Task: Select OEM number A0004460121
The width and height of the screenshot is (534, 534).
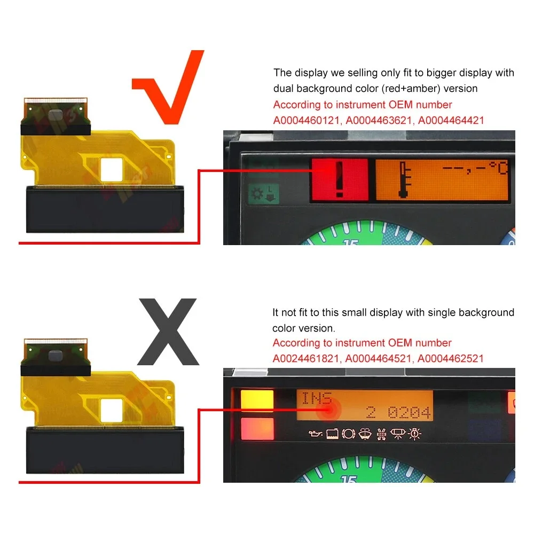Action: (x=307, y=120)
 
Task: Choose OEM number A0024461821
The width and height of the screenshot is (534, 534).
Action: (x=306, y=358)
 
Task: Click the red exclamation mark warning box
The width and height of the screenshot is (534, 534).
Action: (x=340, y=180)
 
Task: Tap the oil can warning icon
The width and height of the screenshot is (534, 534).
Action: (x=315, y=434)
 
